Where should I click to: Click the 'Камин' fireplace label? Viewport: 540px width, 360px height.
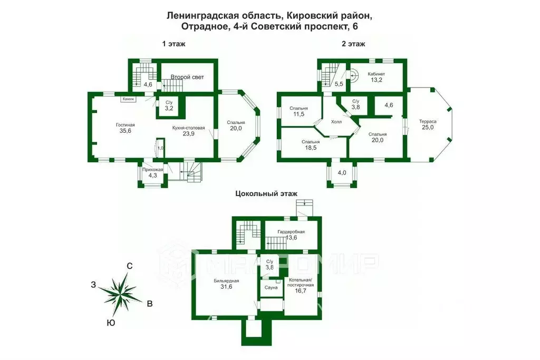[129, 99]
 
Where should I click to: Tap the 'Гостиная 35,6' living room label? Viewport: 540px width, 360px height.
[126, 128]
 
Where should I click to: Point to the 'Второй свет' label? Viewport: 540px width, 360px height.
[187, 77]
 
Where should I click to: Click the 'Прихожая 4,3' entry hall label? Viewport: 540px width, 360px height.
[152, 172]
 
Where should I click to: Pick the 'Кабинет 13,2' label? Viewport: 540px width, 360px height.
[377, 77]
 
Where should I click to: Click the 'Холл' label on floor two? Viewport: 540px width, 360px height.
[336, 122]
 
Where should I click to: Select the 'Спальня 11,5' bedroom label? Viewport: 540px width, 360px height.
[298, 111]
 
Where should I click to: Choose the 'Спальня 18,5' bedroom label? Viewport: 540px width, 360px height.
[310, 145]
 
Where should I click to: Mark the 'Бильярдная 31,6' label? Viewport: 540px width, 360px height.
[227, 284]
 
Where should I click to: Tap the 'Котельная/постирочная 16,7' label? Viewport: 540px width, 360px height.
[301, 285]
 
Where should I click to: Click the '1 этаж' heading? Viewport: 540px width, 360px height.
[173, 44]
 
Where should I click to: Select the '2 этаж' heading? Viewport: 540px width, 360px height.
[353, 44]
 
